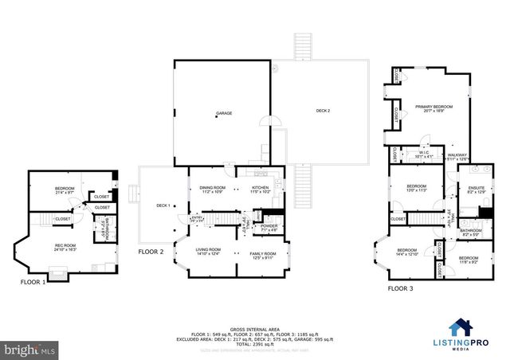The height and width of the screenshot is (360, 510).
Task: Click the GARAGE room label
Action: pyautogui.click(x=224, y=113)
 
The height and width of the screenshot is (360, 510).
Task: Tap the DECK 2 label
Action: pyautogui.click(x=322, y=110)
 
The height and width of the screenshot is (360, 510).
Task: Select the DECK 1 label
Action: pyautogui.click(x=163, y=205)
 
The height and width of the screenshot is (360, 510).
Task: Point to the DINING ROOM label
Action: pyautogui.click(x=213, y=188)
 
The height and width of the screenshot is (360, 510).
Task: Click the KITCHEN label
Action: pyautogui.click(x=261, y=188)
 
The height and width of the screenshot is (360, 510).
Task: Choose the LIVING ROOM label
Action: pyautogui.click(x=208, y=249)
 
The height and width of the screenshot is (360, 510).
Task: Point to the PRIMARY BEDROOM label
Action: pyautogui.click(x=433, y=107)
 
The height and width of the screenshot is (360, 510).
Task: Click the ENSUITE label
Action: pyautogui.click(x=476, y=189)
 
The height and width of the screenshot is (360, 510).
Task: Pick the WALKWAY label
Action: pyautogui.click(x=457, y=155)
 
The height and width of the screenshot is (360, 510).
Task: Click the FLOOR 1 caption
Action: pyautogui.click(x=34, y=281)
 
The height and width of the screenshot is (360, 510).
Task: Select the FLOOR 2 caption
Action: pyautogui.click(x=151, y=251)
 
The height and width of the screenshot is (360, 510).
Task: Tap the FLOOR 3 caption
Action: pyautogui.click(x=400, y=288)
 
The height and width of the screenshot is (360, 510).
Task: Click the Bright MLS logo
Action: pyautogui.click(x=30, y=349)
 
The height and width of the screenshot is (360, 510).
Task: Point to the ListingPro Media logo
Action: pyautogui.click(x=475, y=329)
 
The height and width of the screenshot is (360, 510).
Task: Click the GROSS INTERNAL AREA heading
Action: pyautogui.click(x=254, y=328)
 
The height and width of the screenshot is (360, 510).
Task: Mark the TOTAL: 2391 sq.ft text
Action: pyautogui.click(x=254, y=342)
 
